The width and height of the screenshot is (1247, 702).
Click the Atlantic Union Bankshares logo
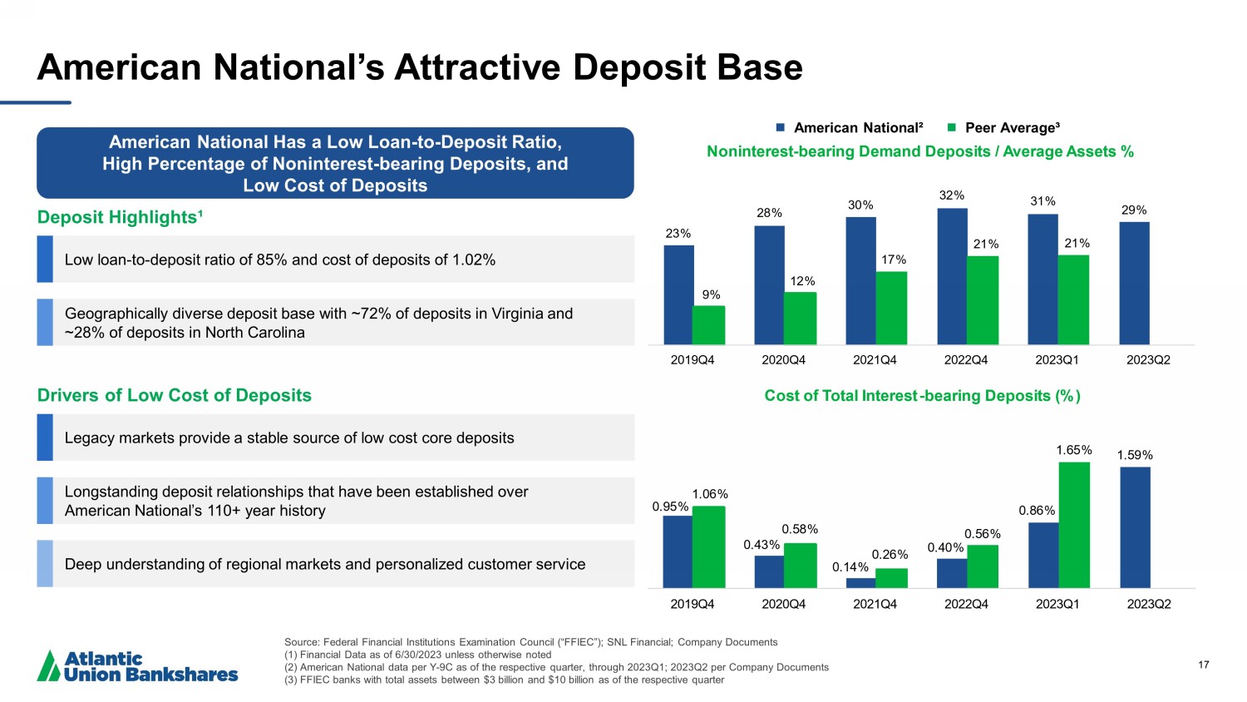[137, 666]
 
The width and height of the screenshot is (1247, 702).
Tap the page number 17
[1204, 665]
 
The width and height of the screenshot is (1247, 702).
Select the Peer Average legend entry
[1003, 127]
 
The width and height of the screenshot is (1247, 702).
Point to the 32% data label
[951, 195]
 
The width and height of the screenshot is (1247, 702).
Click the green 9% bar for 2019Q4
[708, 325]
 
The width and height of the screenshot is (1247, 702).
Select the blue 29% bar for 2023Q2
[1134, 283]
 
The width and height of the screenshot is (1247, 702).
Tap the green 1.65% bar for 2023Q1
[1073, 525]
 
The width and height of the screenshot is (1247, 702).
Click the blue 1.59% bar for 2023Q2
[1134, 527]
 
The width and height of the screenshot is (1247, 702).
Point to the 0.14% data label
[850, 567]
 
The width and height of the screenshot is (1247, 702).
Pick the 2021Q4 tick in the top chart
[875, 360]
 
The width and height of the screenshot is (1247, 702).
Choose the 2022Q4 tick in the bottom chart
[966, 604]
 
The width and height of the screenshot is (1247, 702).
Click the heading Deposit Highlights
[121, 217]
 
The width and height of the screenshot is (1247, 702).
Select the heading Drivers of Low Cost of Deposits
[175, 395]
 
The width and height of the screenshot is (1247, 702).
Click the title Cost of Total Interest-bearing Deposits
[922, 396]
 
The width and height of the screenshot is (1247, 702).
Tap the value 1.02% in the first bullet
[474, 260]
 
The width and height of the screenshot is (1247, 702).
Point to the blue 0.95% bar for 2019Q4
[678, 551]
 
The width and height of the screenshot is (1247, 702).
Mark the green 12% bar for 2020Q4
[800, 318]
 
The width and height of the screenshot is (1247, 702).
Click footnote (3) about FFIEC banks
[504, 680]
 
